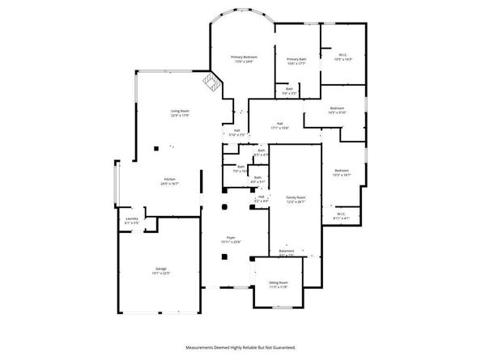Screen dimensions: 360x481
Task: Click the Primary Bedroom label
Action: click(x=244, y=57)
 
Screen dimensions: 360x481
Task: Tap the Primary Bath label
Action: click(x=296, y=59)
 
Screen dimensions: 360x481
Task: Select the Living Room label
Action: click(x=179, y=111)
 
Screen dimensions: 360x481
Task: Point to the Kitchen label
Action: click(x=170, y=179)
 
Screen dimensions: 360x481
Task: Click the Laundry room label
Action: click(x=131, y=218)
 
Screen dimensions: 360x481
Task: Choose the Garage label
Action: click(x=162, y=268)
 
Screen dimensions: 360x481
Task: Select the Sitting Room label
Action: click(x=279, y=282)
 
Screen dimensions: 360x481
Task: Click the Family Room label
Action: click(x=295, y=197)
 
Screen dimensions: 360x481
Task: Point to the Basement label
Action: click(x=287, y=251)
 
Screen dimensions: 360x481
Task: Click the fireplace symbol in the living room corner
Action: click(x=213, y=82)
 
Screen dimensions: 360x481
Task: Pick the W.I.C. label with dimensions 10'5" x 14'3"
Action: click(x=343, y=55)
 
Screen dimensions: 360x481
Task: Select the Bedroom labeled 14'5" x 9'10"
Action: click(x=337, y=108)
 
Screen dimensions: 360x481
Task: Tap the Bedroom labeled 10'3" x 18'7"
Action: click(x=341, y=170)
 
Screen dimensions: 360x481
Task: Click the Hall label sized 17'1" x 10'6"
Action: click(x=279, y=124)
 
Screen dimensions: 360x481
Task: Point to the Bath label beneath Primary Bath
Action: click(x=289, y=89)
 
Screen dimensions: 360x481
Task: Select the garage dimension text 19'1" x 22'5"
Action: click(x=162, y=273)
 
